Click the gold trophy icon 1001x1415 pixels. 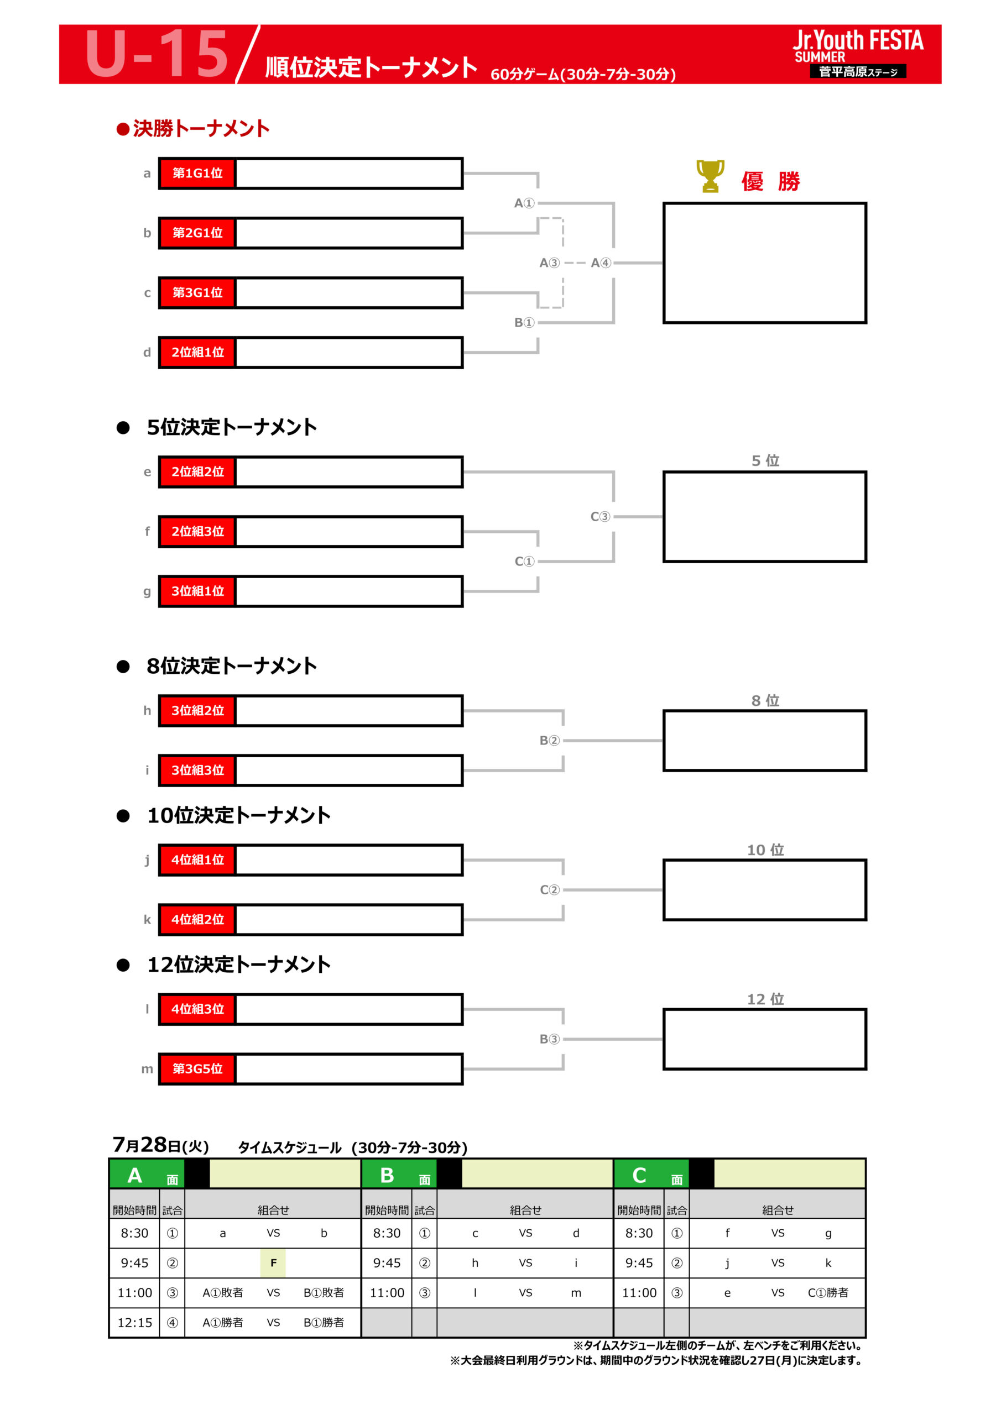pyautogui.click(x=710, y=176)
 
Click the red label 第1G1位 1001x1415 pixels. pyautogui.click(x=197, y=173)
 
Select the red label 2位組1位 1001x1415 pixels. pyautogui.click(x=197, y=353)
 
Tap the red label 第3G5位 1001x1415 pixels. pyautogui.click(x=197, y=1068)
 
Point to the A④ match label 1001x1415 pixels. pyautogui.click(x=601, y=263)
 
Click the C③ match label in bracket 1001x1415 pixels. pyautogui.click(x=600, y=516)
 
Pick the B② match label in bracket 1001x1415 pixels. pyautogui.click(x=550, y=740)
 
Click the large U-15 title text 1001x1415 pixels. pyautogui.click(x=157, y=54)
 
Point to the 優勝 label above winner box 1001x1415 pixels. pyautogui.click(x=770, y=181)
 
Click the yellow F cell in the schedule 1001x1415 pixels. pyautogui.click(x=273, y=1263)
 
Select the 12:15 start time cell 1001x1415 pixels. pyautogui.click(x=134, y=1323)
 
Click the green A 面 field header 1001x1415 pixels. pyautogui.click(x=148, y=1175)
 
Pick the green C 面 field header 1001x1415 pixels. pyautogui.click(x=652, y=1175)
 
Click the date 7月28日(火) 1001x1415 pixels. pyautogui.click(x=161, y=1145)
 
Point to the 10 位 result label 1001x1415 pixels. pyautogui.click(x=765, y=850)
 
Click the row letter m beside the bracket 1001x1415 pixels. pyautogui.click(x=147, y=1069)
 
